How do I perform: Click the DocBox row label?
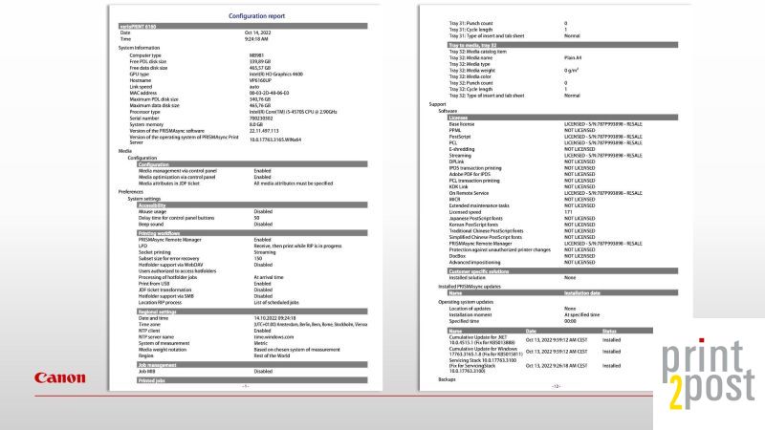460,255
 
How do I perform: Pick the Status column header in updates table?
613,331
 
